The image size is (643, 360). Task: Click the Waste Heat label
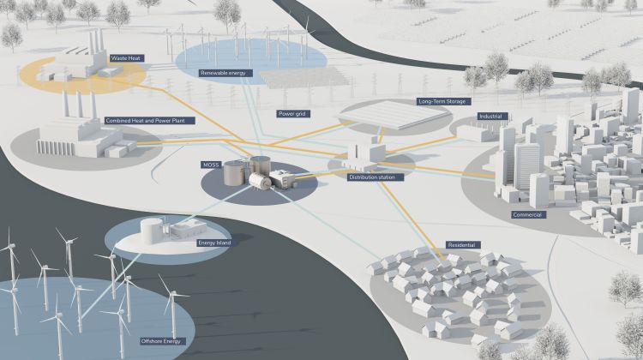(x=126, y=58)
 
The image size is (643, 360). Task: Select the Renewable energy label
(x=225, y=73)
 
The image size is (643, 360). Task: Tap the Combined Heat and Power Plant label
(x=150, y=121)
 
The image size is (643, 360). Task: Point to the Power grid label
(x=293, y=114)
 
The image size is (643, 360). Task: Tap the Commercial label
(x=529, y=214)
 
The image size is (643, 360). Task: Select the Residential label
(x=463, y=245)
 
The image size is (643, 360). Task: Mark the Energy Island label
(x=215, y=243)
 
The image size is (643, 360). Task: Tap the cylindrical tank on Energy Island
(x=152, y=231)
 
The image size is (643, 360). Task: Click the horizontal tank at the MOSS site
(x=260, y=181)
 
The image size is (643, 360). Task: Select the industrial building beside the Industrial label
(x=477, y=133)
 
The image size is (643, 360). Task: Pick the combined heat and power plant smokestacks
(x=79, y=105)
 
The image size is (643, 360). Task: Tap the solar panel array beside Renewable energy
(x=304, y=77)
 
